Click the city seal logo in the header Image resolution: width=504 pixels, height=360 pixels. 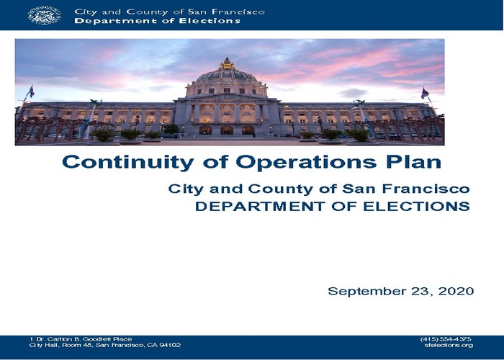pos(45,15)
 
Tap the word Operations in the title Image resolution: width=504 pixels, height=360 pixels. pos(306,162)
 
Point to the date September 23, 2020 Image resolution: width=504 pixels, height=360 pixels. pos(401,291)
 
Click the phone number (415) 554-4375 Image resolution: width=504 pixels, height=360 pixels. pos(446,339)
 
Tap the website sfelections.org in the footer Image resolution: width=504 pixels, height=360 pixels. pos(449,345)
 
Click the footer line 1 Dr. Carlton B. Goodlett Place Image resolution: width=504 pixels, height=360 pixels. pos(81,339)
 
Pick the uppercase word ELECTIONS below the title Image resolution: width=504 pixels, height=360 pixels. pos(417,207)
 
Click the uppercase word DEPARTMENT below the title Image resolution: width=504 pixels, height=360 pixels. pos(260,207)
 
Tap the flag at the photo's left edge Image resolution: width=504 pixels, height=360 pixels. pos(32,92)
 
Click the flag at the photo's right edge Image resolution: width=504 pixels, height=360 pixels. pos(425,93)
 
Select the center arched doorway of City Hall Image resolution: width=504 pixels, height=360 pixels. pos(227,130)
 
